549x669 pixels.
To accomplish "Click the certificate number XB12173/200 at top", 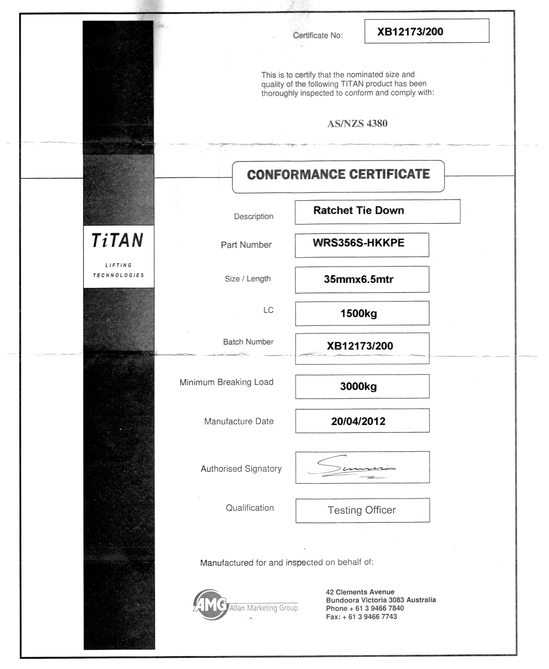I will click(410, 32).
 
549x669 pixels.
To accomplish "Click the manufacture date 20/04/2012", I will click(358, 421).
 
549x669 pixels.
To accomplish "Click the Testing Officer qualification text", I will click(361, 510).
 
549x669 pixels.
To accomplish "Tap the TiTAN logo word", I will click(118, 241).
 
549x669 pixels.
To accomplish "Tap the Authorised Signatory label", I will click(241, 469).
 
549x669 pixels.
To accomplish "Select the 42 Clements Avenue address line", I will click(360, 592).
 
